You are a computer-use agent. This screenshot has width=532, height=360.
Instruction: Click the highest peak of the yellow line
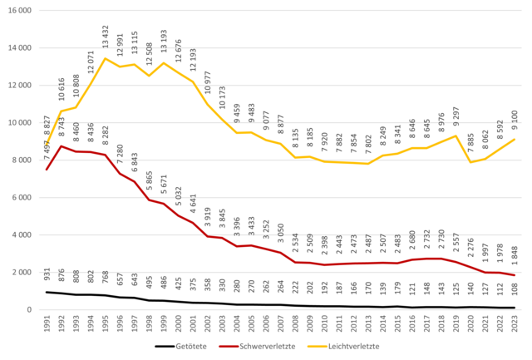point(105,57)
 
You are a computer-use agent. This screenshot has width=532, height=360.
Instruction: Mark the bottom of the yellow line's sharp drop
point(470,162)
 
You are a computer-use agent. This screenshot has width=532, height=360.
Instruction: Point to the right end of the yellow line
point(516,139)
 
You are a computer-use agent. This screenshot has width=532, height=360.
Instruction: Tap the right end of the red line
point(516,275)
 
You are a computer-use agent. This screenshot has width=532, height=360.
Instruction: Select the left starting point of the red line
point(47,170)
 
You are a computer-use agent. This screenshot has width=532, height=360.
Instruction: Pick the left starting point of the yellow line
point(47,146)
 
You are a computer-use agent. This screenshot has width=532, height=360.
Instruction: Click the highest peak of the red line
point(61,145)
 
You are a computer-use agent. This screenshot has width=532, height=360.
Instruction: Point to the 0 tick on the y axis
point(29,309)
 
